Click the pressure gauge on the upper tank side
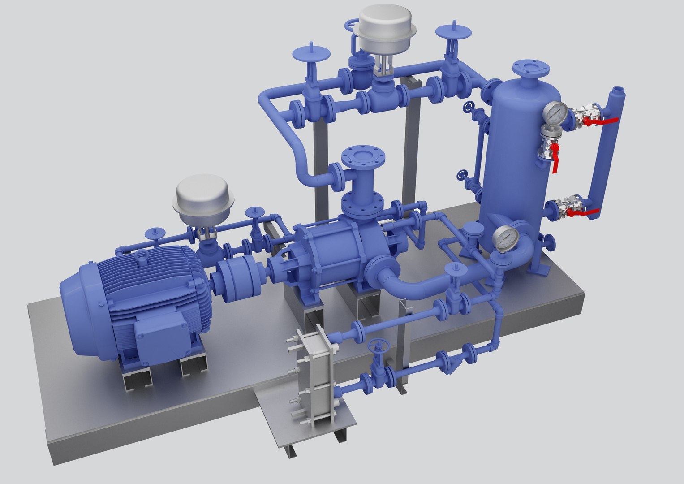coord(556,114)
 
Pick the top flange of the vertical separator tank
coord(531,69)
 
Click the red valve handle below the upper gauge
coord(555,158)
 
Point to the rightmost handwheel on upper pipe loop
coord(454,32)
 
